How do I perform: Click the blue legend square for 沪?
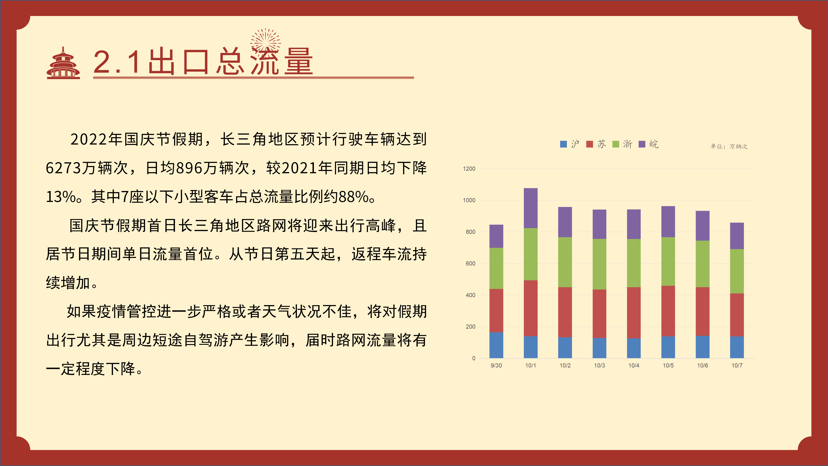pyautogui.click(x=563, y=144)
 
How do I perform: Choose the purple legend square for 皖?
pyautogui.click(x=642, y=144)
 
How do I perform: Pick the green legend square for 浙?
pyautogui.click(x=616, y=144)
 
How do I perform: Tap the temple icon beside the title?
pyautogui.click(x=63, y=63)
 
